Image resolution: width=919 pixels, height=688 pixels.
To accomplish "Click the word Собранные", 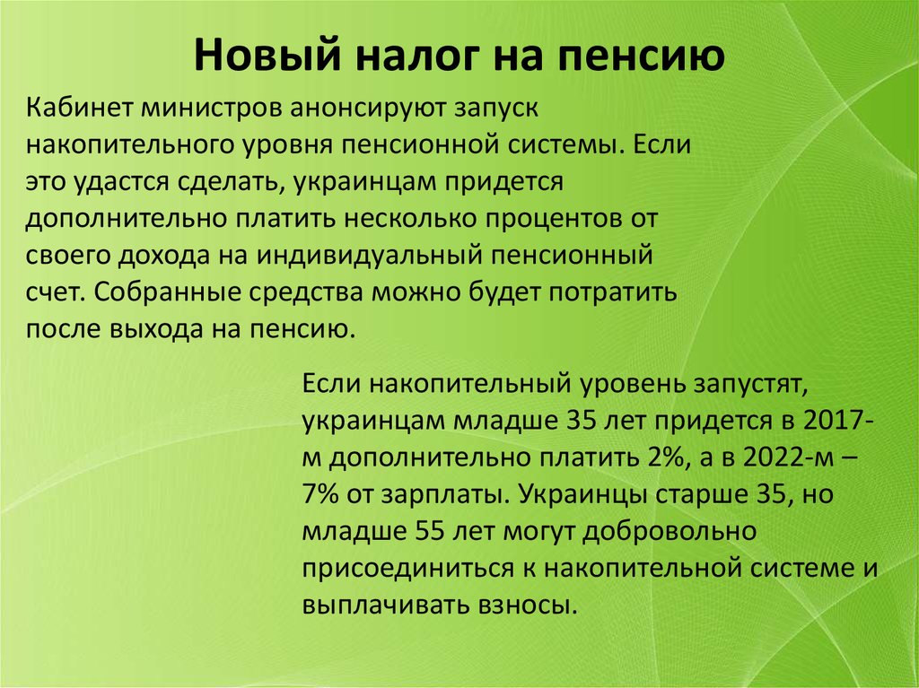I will click(166, 292).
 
